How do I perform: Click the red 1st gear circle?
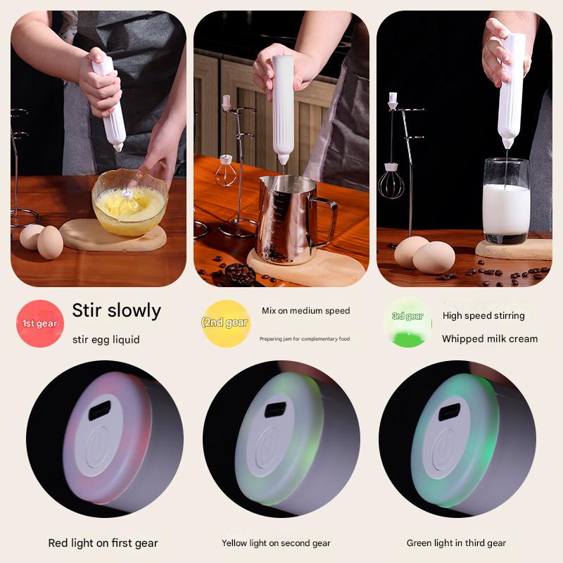click(40, 324)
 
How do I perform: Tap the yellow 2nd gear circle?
click(226, 323)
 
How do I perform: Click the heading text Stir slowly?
click(117, 310)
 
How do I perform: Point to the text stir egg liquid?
click(106, 339)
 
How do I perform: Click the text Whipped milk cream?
click(489, 339)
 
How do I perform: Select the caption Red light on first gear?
click(103, 543)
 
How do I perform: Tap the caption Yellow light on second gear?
click(276, 543)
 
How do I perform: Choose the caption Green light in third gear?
click(456, 543)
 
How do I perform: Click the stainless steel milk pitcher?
click(286, 219)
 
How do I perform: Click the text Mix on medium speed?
click(305, 310)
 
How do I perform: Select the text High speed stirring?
click(483, 315)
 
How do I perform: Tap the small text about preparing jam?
click(305, 339)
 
